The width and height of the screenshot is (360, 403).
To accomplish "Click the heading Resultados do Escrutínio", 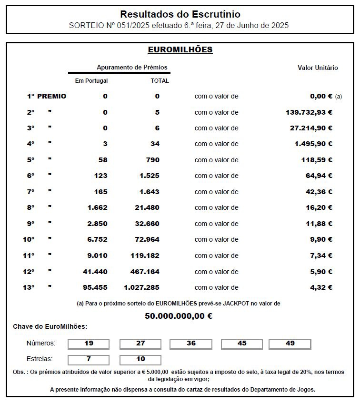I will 180,14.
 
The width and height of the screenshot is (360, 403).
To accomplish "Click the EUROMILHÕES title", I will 180,49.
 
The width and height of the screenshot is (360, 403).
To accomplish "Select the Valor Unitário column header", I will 318,68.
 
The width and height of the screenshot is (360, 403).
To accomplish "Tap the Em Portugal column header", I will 91,81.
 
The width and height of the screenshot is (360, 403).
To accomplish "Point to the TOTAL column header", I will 160,81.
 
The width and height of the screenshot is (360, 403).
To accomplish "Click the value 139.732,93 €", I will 306,112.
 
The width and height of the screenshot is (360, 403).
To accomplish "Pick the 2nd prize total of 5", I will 157,112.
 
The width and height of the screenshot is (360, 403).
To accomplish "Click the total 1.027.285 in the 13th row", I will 141,287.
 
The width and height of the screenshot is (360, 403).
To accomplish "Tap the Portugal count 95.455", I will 94,287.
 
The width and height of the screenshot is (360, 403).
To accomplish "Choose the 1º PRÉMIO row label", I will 46,96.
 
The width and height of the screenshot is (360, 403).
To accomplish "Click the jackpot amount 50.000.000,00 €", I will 179,315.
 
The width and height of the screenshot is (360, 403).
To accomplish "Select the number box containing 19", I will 89,344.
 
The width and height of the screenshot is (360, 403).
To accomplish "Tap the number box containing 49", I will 290,344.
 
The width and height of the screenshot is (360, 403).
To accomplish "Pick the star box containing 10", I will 140,359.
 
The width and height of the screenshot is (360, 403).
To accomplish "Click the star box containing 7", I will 89,359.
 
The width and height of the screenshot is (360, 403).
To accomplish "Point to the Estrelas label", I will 40,359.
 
